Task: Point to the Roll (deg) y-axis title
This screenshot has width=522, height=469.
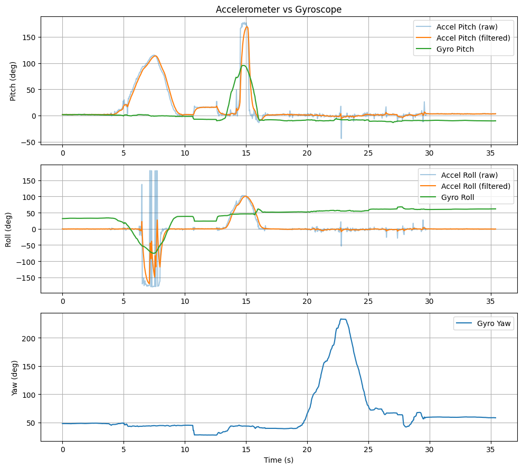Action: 8,228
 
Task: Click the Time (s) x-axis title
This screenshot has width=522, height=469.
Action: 279,460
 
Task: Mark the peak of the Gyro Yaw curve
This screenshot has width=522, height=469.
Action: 343,319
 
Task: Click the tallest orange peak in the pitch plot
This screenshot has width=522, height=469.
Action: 246,27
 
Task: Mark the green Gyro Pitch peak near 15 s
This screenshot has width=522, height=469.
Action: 243,65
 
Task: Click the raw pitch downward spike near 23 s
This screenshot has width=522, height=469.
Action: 341,138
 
